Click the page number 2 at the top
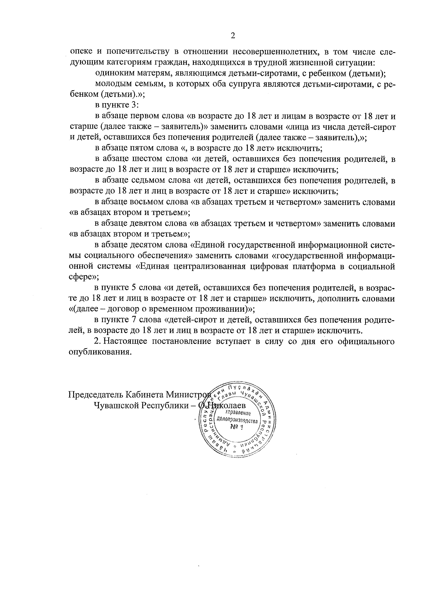tap(233, 35)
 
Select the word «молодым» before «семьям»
tap(110, 84)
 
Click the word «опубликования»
tap(99, 352)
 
